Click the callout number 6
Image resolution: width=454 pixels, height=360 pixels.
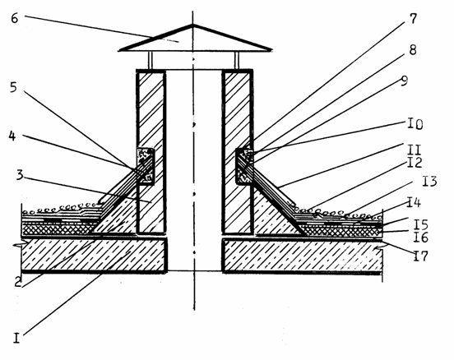click(15, 19)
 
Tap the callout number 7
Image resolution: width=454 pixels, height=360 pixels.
click(413, 19)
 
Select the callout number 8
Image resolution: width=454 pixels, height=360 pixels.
click(413, 50)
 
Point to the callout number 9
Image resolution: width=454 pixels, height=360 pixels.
click(404, 81)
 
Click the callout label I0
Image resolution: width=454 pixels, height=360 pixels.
click(415, 124)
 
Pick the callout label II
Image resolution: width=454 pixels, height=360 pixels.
click(414, 150)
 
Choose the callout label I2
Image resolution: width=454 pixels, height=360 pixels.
click(415, 163)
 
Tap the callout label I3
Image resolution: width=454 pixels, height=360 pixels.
click(429, 182)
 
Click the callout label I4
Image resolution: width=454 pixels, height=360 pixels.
click(414, 202)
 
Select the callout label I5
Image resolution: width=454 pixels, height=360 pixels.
click(420, 224)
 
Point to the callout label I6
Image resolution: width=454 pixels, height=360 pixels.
click(420, 238)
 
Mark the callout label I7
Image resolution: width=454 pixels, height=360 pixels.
click(419, 256)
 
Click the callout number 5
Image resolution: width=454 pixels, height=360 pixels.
click(13, 87)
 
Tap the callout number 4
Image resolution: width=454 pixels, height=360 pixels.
click(12, 136)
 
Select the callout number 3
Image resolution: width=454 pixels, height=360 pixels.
click(20, 175)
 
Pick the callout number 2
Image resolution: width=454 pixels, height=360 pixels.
click(18, 283)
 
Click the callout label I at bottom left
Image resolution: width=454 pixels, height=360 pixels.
click(16, 338)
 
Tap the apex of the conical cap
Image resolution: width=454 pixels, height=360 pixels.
click(193, 25)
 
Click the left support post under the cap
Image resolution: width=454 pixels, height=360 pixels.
click(150, 60)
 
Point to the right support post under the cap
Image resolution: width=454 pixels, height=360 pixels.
click(237, 60)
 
